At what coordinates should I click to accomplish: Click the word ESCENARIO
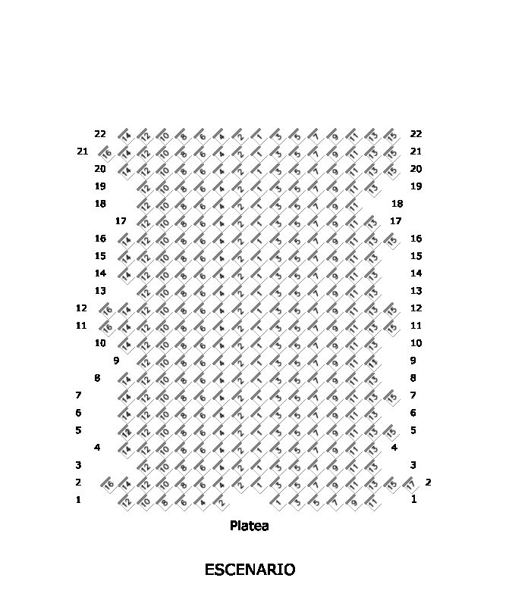250,570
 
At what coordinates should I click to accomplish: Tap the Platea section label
249,526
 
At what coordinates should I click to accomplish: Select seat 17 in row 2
410,483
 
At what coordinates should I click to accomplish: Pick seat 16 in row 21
106,151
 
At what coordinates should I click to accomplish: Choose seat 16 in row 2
106,483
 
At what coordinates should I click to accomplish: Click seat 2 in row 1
220,501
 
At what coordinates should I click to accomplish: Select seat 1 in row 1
277,501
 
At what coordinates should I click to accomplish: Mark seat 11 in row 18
353,205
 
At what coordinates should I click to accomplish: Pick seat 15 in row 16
391,239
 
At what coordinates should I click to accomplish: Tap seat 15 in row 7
391,396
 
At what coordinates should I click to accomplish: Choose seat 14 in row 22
125,135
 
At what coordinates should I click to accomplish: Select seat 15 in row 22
391,135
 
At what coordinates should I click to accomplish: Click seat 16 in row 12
106,309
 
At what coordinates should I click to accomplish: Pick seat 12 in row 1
125,501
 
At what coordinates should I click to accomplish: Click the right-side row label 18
397,204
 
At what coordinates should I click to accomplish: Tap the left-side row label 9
116,361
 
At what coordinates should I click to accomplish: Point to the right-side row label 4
394,448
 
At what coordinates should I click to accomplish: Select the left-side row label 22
100,134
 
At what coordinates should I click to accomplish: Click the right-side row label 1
414,499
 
